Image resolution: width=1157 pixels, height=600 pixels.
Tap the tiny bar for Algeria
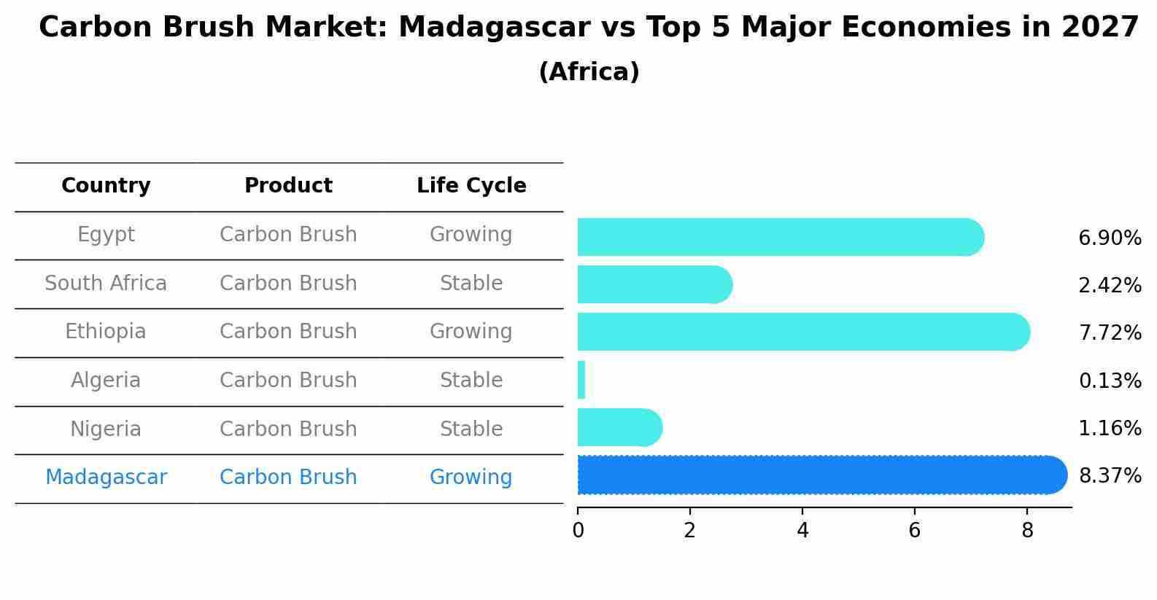pos(581,381)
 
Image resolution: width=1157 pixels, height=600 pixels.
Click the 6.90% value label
pos(1109,238)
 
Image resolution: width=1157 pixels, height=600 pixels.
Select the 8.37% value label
pos(1109,476)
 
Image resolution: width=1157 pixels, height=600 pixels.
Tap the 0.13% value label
pos(1109,381)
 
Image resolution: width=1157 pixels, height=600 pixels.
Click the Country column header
pos(106,186)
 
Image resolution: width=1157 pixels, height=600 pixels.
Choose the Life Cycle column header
pos(471,186)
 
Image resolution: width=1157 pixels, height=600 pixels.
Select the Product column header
pos(288,186)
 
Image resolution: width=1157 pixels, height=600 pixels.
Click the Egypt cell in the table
pos(106,235)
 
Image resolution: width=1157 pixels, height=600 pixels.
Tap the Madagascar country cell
pos(106,478)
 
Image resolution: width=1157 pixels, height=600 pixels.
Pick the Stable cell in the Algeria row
pos(471,381)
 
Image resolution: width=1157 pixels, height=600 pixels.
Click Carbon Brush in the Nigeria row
pos(288,429)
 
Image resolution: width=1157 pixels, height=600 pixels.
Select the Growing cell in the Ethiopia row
pos(471,332)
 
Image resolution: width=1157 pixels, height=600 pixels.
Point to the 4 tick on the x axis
pos(802,531)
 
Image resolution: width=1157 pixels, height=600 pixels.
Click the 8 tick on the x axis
pos(1027,531)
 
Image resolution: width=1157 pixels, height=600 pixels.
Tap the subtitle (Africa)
pos(589,72)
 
